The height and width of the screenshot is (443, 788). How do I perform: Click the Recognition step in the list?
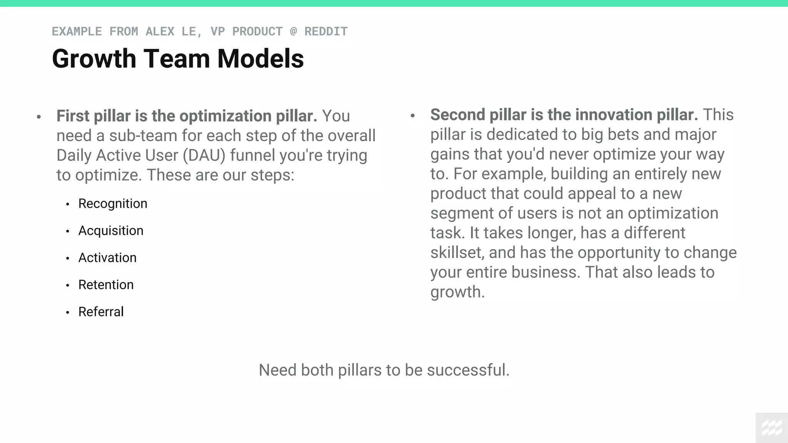(113, 204)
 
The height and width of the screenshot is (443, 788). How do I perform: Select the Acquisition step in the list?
(111, 231)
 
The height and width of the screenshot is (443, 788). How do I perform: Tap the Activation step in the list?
(107, 258)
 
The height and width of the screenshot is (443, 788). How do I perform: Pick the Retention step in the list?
(106, 285)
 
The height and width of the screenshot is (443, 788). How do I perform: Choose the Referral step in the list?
(101, 312)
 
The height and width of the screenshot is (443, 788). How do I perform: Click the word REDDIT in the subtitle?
(326, 32)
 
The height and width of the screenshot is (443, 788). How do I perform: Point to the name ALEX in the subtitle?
(160, 32)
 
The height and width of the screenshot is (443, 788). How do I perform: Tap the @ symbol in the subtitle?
(293, 32)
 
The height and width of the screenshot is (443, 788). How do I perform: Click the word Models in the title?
(260, 59)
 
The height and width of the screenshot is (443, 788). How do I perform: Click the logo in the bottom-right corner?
(772, 428)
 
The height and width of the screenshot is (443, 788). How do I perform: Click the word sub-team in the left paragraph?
(143, 136)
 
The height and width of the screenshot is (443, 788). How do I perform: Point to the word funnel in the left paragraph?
(252, 156)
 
